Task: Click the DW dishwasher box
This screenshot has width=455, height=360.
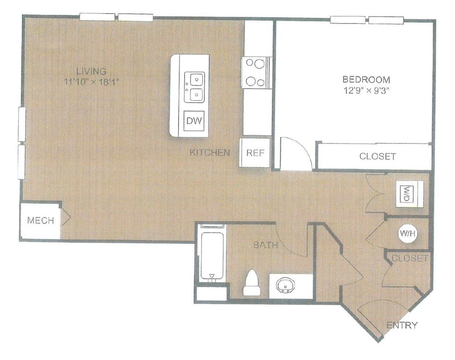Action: (x=194, y=121)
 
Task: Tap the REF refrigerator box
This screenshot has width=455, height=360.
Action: (x=255, y=153)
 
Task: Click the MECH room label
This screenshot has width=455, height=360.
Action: (x=41, y=221)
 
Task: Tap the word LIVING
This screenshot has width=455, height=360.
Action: (x=91, y=71)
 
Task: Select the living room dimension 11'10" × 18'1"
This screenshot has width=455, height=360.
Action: (x=91, y=82)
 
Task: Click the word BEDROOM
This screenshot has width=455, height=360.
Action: (x=366, y=79)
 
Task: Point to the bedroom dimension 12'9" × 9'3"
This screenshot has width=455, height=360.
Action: (x=366, y=90)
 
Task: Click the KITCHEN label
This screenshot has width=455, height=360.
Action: (x=210, y=152)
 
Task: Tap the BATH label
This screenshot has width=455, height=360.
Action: (x=265, y=245)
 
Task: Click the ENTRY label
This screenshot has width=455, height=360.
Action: (x=402, y=325)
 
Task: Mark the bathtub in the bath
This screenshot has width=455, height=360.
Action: (x=212, y=255)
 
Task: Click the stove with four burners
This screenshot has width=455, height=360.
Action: (x=254, y=72)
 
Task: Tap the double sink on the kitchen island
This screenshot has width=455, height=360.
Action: (x=194, y=87)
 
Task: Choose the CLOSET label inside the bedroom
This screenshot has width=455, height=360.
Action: (x=377, y=156)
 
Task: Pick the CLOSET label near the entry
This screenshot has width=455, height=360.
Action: (x=409, y=258)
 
